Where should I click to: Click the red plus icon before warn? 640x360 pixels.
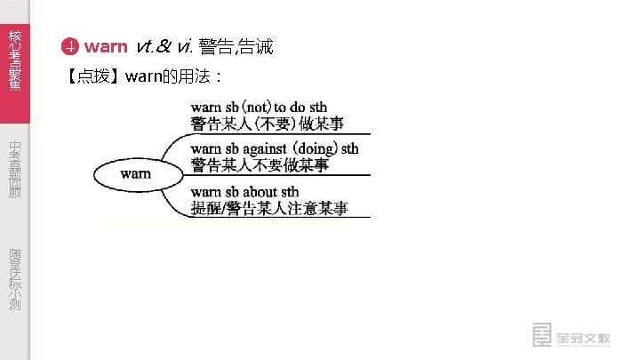tap(70, 47)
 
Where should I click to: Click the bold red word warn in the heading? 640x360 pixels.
tap(106, 47)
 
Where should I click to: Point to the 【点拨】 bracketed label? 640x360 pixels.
tap(93, 76)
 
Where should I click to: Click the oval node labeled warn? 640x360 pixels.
tap(134, 173)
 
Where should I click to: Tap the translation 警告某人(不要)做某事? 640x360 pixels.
tap(268, 124)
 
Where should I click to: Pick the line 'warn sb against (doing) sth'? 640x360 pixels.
tap(275, 148)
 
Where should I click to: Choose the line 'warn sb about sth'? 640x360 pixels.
tap(244, 192)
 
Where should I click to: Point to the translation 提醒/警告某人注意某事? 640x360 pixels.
tap(269, 208)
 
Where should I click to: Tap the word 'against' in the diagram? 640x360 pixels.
tap(264, 148)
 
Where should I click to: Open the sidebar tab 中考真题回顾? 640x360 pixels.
tap(14, 169)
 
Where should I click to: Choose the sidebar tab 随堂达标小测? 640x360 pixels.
tap(14, 279)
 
